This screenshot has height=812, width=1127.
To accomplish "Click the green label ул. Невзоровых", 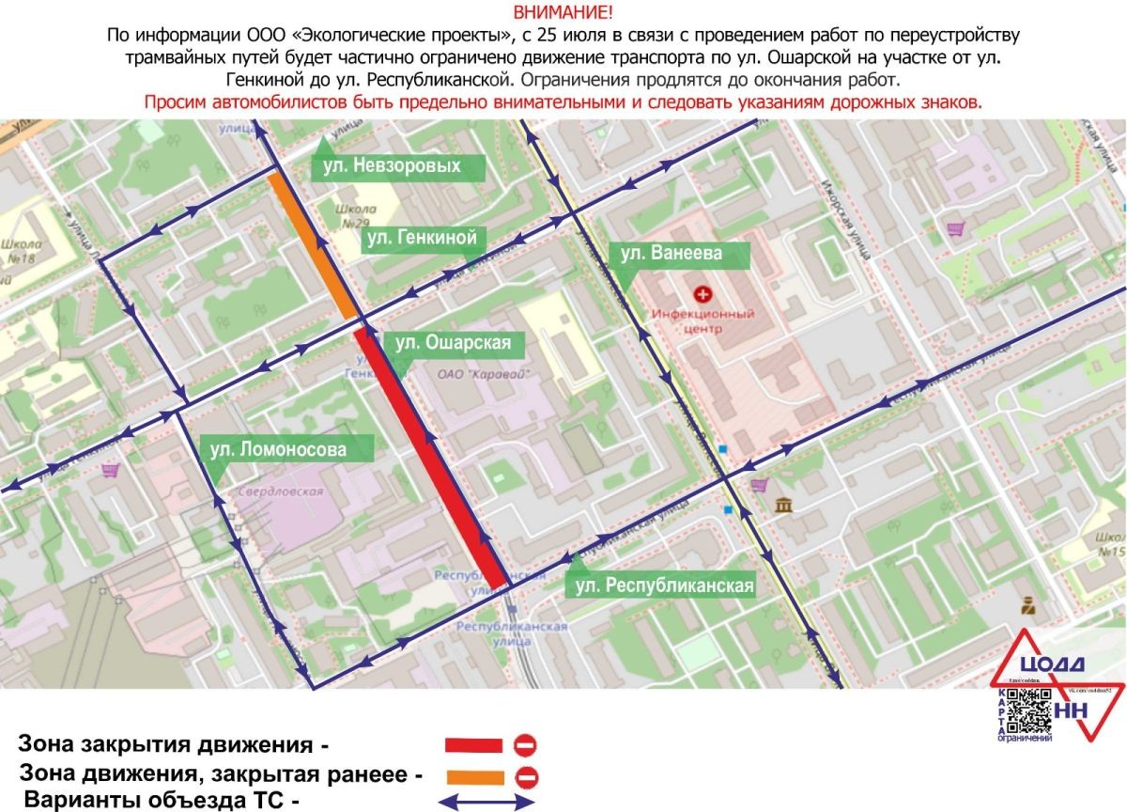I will [x=399, y=166].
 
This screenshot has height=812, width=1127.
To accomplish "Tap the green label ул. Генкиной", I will [x=422, y=238].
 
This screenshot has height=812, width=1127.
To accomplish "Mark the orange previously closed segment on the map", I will [x=312, y=244].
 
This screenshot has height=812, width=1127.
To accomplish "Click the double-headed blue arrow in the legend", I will [x=488, y=803].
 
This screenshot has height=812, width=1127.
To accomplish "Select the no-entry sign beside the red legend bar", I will [x=525, y=745].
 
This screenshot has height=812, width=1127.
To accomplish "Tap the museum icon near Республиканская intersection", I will [x=781, y=507].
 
